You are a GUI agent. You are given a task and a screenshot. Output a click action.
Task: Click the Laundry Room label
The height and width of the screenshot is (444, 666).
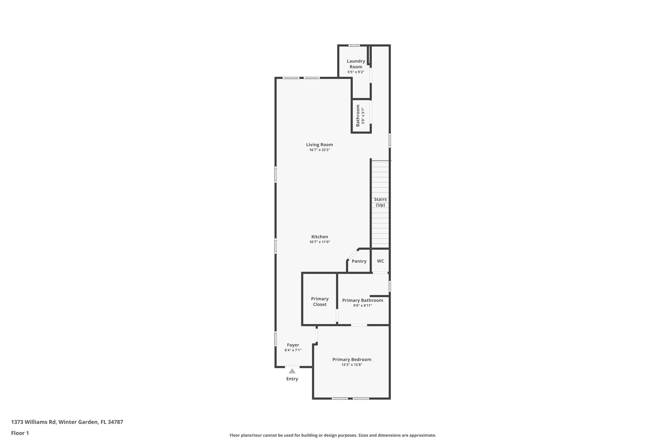coord(356,64)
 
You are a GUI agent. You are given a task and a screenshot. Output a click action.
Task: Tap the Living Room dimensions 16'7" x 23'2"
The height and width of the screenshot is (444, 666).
coord(319,150)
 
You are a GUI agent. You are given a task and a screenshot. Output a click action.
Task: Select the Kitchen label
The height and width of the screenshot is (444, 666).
coord(319,237)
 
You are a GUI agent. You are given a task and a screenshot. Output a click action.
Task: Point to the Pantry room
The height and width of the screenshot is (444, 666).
coord(359,261)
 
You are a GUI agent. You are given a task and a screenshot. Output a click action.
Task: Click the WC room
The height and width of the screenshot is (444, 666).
coord(380,261)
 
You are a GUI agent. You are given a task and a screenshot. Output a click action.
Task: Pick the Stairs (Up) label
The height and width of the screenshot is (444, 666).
coord(380,202)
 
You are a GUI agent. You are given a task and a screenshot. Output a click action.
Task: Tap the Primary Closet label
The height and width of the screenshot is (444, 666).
coord(320,302)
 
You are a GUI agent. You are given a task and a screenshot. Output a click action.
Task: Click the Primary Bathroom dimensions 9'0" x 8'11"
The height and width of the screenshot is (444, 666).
coord(362,305)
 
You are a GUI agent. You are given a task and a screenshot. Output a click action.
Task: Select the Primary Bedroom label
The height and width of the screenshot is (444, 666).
coord(352,359)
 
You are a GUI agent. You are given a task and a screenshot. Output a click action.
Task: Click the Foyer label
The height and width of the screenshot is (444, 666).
coord(293,345)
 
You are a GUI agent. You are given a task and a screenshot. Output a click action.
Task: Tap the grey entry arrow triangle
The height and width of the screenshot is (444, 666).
coord(292,371)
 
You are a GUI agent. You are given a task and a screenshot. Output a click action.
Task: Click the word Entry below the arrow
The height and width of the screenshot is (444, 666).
coord(292,379)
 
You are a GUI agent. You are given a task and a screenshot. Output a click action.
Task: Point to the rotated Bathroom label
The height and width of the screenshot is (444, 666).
coord(358,115)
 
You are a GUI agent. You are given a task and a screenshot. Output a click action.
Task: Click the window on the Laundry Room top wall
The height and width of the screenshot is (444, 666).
coord(354,46)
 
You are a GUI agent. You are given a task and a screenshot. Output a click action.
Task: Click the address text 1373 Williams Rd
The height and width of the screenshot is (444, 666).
coord(34,422)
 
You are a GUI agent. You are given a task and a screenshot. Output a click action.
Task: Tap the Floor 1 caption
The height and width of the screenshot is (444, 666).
coord(20,433)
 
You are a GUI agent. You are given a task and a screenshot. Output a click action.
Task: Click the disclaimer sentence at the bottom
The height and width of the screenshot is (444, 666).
coord(333,435)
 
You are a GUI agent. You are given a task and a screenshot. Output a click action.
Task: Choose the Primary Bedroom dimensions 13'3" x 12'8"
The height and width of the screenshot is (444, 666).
coord(352,365)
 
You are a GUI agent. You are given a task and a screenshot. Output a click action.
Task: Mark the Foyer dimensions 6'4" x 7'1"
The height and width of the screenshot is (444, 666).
coord(293,350)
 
